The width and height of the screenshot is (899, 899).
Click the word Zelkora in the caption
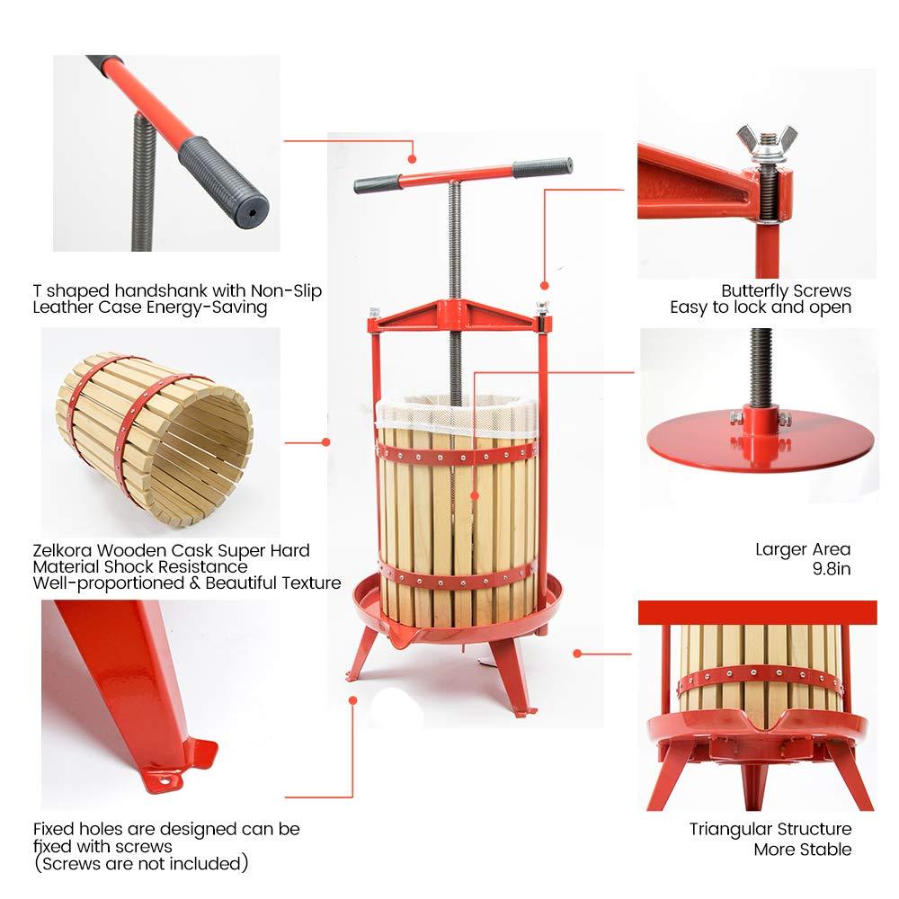(62, 550)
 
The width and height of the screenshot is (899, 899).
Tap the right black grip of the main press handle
(543, 167)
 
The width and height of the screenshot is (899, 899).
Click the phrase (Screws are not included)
(140, 865)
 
